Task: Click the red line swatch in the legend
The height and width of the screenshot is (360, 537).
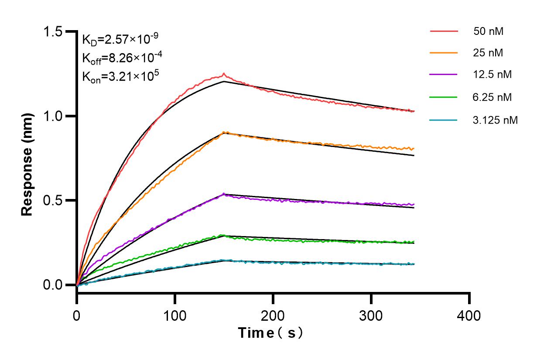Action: point(444,31)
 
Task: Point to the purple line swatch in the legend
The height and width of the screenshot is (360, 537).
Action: point(444,75)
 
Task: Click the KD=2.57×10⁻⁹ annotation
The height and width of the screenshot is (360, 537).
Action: point(120,40)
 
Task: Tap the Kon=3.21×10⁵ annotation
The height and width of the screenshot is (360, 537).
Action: point(120,76)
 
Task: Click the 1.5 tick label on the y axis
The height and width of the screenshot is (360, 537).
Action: point(52,32)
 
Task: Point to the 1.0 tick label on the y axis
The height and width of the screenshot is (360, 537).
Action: point(52,116)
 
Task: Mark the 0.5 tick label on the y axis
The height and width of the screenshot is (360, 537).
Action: point(52,201)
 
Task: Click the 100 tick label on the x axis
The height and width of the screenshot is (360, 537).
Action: point(175,315)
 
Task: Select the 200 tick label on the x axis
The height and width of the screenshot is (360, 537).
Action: point(273,315)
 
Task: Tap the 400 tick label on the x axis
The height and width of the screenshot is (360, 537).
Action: point(469,315)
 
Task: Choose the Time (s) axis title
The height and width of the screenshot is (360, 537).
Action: point(270,333)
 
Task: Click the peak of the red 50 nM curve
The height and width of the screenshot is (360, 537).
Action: point(224,74)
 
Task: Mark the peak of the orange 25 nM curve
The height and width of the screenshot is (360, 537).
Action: point(224,132)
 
